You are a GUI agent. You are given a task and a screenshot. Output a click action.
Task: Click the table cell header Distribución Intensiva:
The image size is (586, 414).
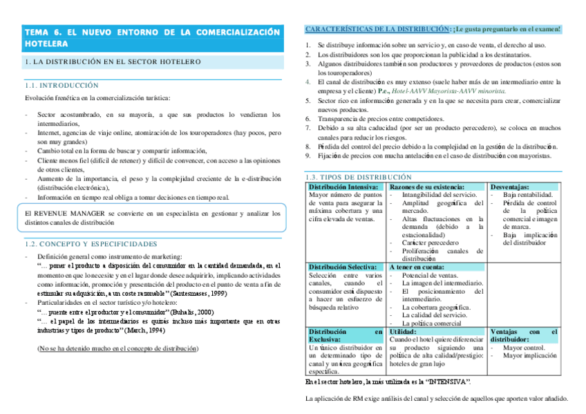[x=343, y=187]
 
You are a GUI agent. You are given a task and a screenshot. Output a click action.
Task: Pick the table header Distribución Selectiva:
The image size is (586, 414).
[x=343, y=267]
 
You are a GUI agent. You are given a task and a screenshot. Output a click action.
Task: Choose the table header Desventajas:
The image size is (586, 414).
[x=510, y=187]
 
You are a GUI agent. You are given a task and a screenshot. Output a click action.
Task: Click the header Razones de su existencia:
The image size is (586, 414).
[x=427, y=187]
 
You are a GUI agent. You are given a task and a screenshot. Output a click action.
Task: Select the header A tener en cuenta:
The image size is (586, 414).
[x=417, y=267]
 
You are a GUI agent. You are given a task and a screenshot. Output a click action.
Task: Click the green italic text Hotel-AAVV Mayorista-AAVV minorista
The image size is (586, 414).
[x=446, y=91]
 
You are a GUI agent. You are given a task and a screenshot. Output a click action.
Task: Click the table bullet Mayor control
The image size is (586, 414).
[x=526, y=348]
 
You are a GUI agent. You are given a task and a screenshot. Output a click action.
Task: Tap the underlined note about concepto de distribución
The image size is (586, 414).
[x=118, y=349]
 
